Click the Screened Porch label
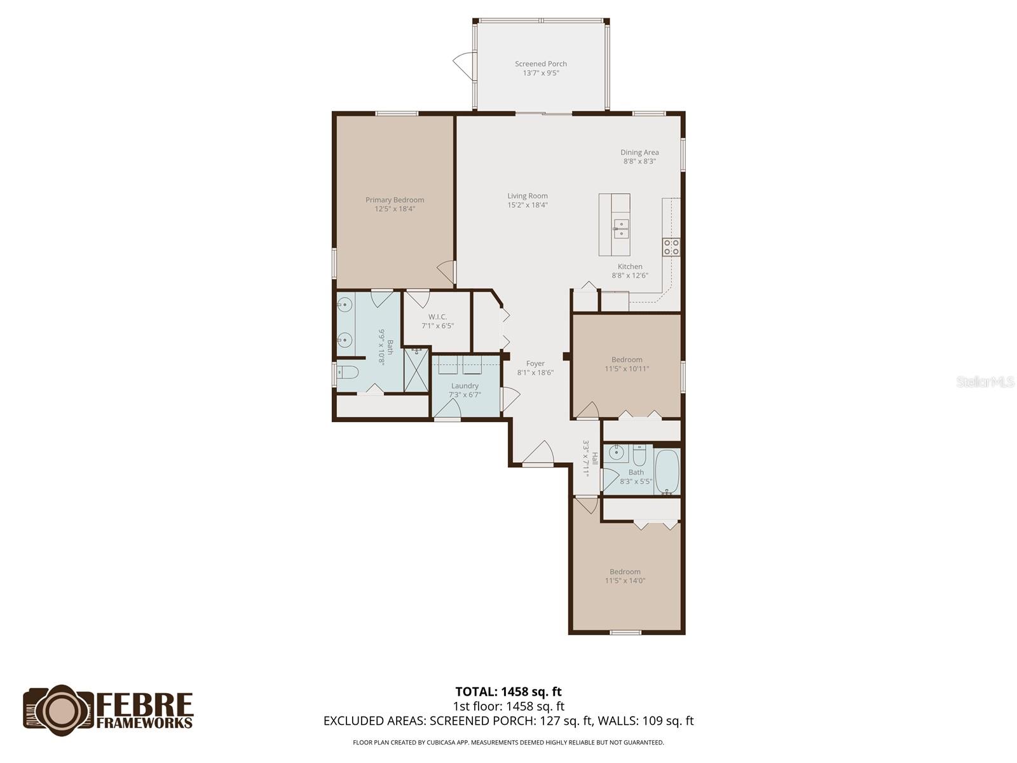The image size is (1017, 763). click(x=540, y=64)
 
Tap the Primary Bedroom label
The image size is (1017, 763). click(x=395, y=200)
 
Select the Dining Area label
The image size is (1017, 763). click(x=639, y=153)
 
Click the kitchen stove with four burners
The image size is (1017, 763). click(x=671, y=247)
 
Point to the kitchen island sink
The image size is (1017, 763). click(x=621, y=228)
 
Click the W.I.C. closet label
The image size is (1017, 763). click(x=437, y=317)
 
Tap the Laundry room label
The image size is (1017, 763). click(x=465, y=386)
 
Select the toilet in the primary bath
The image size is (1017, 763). click(x=348, y=372)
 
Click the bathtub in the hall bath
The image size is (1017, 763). click(x=667, y=472)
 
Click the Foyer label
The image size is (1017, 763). click(x=535, y=364)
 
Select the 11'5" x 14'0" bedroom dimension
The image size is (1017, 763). click(x=625, y=581)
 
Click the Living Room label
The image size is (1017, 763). click(x=528, y=196)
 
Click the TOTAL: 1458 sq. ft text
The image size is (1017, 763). click(x=508, y=691)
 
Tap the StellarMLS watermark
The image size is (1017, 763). click(x=985, y=382)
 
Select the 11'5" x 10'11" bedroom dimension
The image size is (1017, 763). click(x=627, y=369)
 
